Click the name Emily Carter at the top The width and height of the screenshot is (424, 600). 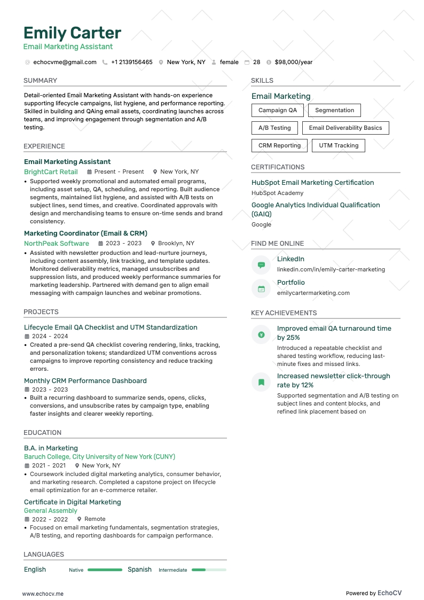pyautogui.click(x=72, y=33)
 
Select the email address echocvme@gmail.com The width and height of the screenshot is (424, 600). pyautogui.click(x=65, y=62)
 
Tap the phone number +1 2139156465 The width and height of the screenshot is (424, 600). pyautogui.click(x=131, y=62)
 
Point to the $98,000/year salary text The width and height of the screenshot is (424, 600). pyautogui.click(x=293, y=62)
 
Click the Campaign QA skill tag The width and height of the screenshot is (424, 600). pyautogui.click(x=278, y=111)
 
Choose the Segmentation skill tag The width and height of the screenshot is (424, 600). pyautogui.click(x=334, y=111)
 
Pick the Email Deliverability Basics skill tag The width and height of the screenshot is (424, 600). pyautogui.click(x=346, y=128)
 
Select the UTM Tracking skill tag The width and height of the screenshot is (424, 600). pyautogui.click(x=339, y=145)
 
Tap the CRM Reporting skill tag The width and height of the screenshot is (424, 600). pyautogui.click(x=279, y=145)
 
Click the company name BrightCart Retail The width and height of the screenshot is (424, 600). pyautogui.click(x=51, y=172)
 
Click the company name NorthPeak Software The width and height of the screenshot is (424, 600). pyautogui.click(x=57, y=244)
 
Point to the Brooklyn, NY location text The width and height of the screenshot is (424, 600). pyautogui.click(x=176, y=244)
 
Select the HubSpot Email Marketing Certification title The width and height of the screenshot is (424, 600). pyautogui.click(x=312, y=183)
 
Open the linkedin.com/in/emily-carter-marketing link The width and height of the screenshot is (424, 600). pyautogui.click(x=331, y=269)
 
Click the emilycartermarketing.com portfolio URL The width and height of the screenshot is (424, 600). pyautogui.click(x=313, y=293)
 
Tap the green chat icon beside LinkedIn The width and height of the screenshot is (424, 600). pyautogui.click(x=261, y=264)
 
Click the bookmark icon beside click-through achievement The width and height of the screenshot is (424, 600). pyautogui.click(x=261, y=382)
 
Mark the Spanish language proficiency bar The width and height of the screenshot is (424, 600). pyautogui.click(x=208, y=570)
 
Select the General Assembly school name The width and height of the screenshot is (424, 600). pyautogui.click(x=51, y=511)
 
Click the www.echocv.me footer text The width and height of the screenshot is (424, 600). pyautogui.click(x=43, y=594)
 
